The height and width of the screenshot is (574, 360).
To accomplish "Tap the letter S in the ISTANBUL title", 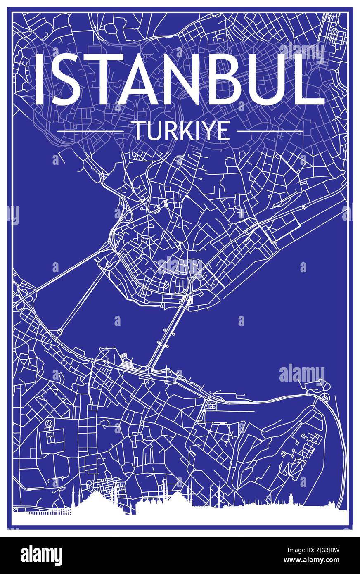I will pos(67,80).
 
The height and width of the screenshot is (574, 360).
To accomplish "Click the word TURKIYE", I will pos(180,131).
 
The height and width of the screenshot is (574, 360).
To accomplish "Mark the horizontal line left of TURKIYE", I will pos(90,131).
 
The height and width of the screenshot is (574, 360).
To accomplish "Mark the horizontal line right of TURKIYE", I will pos(270,131).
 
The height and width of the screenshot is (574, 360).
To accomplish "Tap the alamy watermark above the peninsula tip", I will pos(301,374).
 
